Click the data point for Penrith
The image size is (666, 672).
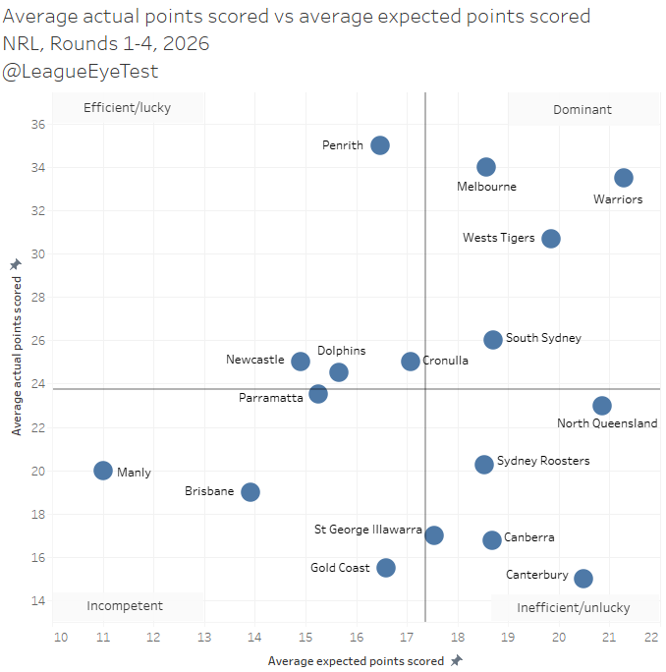(x=380, y=145)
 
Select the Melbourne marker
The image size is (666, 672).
(x=486, y=167)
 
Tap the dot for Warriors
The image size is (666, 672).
(x=624, y=178)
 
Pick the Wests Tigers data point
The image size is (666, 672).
(x=551, y=239)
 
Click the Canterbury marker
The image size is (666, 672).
(x=583, y=579)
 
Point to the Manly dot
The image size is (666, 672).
(x=103, y=471)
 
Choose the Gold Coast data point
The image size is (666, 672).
(x=386, y=568)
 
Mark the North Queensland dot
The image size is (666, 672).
(x=602, y=406)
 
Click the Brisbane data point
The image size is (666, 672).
(x=250, y=492)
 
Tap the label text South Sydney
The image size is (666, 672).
(x=543, y=338)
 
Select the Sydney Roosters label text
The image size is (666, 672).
(x=543, y=460)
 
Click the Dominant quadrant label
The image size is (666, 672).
(x=582, y=109)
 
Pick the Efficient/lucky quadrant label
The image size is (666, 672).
(x=127, y=108)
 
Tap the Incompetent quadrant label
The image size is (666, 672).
(x=124, y=606)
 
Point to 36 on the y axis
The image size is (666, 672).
(x=38, y=125)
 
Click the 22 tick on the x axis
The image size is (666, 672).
(x=650, y=638)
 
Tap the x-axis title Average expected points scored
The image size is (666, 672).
(x=358, y=661)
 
